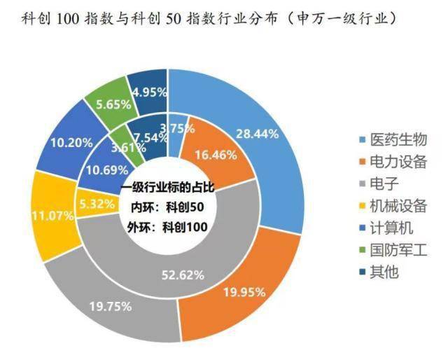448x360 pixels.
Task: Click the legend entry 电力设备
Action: (x=398, y=162)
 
